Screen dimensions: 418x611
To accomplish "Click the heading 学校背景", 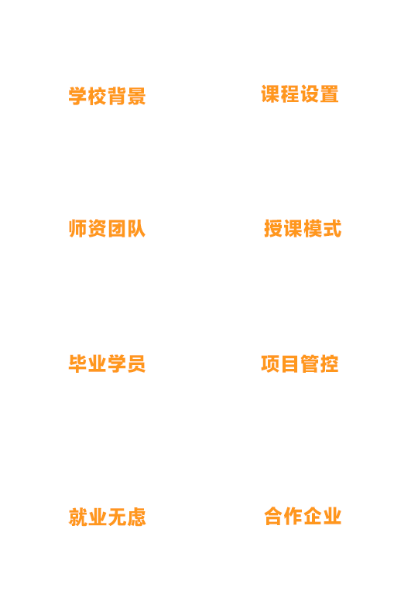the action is [x=108, y=96].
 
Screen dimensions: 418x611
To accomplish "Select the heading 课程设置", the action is [x=300, y=94].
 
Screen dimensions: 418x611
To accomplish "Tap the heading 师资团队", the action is [x=108, y=228].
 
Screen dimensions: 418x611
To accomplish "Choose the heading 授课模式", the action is [x=303, y=228].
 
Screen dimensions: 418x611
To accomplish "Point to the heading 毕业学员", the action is [x=108, y=364].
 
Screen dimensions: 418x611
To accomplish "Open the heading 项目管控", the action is [x=300, y=364].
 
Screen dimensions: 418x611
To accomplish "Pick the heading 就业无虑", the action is [x=108, y=517].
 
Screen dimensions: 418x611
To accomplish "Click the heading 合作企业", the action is [x=303, y=516].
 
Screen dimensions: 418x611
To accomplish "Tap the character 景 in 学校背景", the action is [x=136, y=96].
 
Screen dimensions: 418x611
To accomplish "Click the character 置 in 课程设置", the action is [x=329, y=94].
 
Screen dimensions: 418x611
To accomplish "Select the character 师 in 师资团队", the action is [x=77, y=228].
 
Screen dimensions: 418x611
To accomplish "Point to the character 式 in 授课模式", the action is [x=332, y=228].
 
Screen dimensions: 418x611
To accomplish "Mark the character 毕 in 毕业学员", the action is [x=77, y=364].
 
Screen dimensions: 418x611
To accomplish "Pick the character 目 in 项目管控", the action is [x=290, y=364].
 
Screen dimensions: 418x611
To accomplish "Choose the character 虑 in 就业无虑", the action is [x=136, y=517].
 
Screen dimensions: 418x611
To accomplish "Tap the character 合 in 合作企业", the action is [x=273, y=516].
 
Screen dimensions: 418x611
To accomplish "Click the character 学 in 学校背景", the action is [x=77, y=96].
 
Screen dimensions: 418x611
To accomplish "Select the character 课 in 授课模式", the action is [x=293, y=228].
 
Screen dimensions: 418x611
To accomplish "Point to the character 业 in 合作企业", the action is [x=332, y=516].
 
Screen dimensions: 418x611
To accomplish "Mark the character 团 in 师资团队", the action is [x=117, y=228].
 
